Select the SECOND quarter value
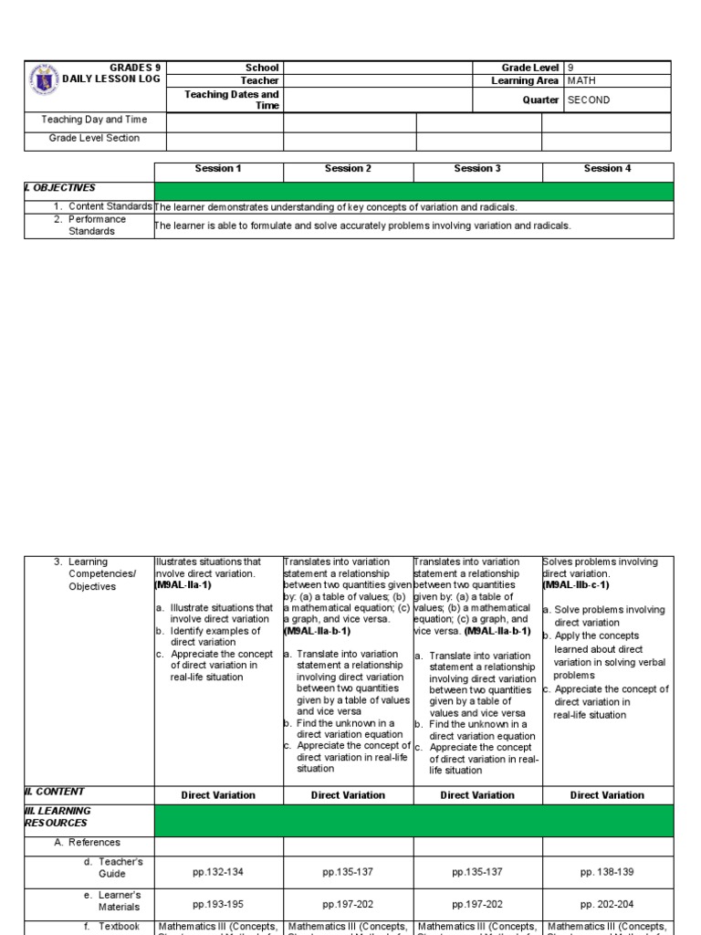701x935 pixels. coord(589,100)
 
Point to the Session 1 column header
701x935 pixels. coord(219,169)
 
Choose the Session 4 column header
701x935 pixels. coord(608,169)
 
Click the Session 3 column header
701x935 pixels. coord(478,169)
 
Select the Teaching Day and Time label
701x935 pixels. coord(94,120)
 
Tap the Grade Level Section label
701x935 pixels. coord(94,139)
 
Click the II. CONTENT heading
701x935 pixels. coord(55,793)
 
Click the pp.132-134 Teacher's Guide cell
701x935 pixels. coord(219,872)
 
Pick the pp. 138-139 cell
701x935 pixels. coord(608,872)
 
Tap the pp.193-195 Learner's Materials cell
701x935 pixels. coord(219,904)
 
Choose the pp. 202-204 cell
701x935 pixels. coord(608,904)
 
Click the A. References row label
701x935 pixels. coord(88,843)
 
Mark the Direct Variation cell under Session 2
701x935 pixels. coord(349,795)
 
